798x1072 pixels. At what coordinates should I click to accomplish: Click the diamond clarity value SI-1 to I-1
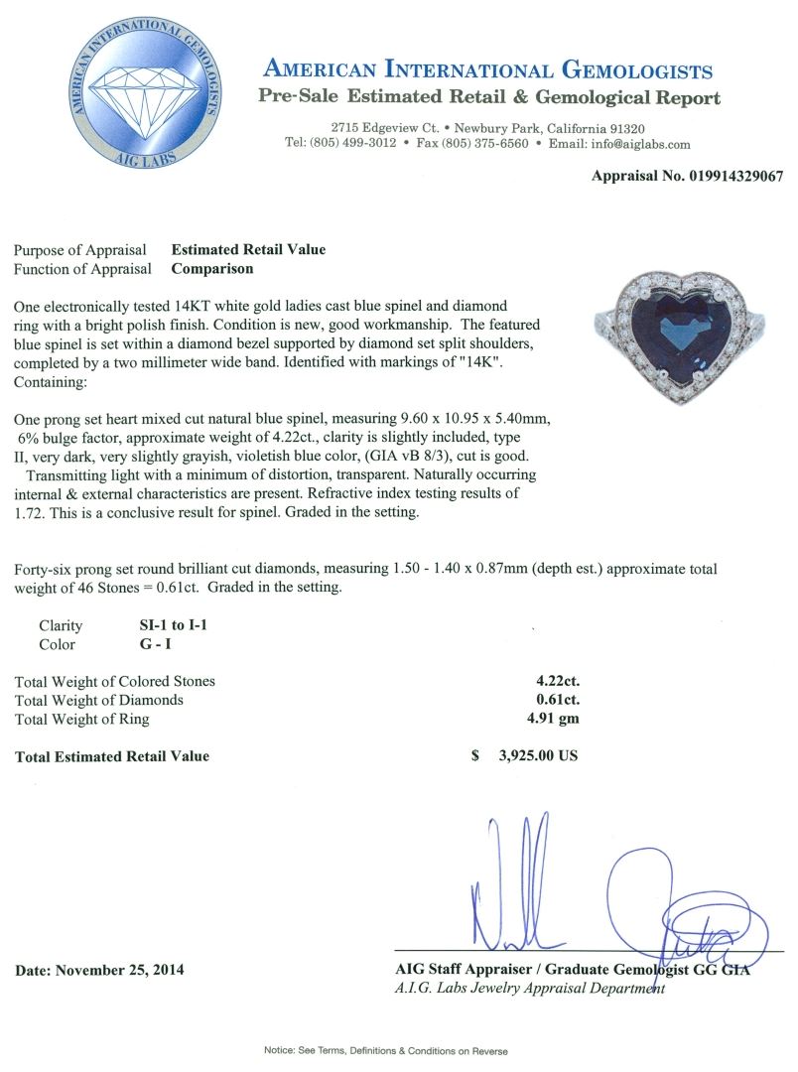(175, 625)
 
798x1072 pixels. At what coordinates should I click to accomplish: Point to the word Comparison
(212, 268)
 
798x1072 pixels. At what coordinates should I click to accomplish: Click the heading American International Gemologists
(488, 69)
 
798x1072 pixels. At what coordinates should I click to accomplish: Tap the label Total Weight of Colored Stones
(115, 681)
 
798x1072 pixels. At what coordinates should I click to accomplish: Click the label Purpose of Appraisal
(80, 249)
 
